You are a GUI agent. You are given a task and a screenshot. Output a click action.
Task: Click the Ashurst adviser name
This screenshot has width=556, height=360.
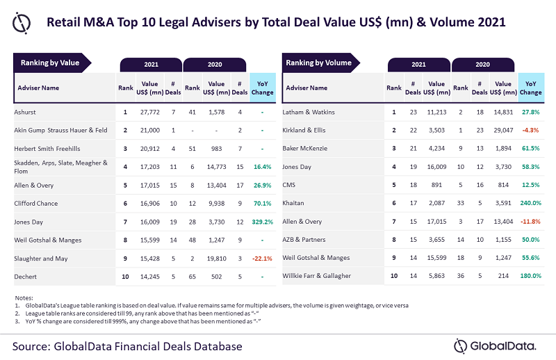tap(25, 112)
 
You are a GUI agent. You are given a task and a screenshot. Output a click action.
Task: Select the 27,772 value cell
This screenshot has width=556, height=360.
tap(149, 112)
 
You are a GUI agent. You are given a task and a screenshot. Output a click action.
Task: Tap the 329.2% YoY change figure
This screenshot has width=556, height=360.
tap(263, 222)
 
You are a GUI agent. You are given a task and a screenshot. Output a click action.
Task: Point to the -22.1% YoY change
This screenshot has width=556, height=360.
tap(263, 259)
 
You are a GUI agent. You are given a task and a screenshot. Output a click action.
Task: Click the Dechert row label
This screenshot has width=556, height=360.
tap(25, 277)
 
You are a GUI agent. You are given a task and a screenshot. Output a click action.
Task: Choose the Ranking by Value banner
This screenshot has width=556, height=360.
tap(51, 63)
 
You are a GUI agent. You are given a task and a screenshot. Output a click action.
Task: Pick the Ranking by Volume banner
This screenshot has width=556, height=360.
tap(320, 63)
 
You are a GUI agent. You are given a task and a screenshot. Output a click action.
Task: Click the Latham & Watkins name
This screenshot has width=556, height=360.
tap(309, 112)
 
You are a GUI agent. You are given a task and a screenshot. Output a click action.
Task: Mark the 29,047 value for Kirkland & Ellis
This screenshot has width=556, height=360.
tap(503, 130)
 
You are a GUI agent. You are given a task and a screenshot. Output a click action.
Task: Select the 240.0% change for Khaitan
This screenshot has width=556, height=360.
tap(531, 203)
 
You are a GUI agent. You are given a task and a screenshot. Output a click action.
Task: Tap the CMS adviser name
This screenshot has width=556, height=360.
tap(289, 185)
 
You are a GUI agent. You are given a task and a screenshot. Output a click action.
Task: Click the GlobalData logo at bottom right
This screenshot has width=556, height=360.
tap(495, 346)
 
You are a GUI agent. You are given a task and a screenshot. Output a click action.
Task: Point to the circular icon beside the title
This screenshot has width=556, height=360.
tap(22, 23)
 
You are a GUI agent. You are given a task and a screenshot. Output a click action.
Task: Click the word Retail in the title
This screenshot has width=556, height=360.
tap(63, 22)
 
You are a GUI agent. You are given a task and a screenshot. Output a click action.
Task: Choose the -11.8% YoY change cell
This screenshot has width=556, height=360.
tap(530, 222)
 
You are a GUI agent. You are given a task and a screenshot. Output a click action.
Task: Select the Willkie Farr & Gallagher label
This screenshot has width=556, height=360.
tap(317, 276)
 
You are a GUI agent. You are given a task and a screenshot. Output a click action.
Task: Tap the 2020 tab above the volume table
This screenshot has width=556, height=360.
tap(482, 65)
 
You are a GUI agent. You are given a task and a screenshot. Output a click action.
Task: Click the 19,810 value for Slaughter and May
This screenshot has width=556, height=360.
tap(216, 259)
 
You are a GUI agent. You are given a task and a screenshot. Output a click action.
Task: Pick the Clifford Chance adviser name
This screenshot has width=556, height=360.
tap(36, 204)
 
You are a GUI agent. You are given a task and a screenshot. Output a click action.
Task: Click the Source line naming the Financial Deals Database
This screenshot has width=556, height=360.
tap(127, 346)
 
